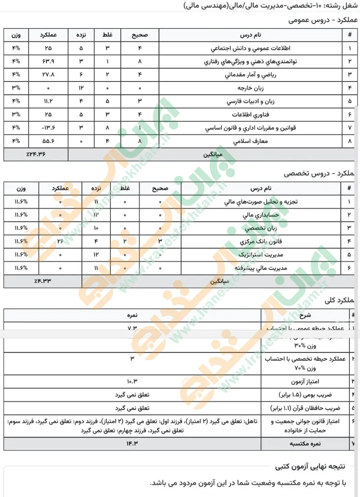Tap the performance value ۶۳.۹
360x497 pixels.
coord(48,62)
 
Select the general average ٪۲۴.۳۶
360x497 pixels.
coord(36,155)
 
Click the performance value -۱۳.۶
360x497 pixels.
coord(48,128)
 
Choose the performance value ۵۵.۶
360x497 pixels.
coord(48,141)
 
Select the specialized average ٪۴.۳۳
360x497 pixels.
coord(43,281)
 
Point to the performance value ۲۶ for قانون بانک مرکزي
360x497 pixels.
coord(60,241)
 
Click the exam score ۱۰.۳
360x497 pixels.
coord(132,381)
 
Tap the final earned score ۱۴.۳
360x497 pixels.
coord(132,444)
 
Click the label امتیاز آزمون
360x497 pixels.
coord(328,381)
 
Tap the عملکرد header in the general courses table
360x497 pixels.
coord(48,35)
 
